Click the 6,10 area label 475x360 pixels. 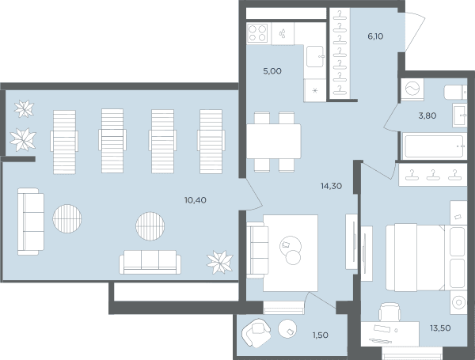(x=375, y=36)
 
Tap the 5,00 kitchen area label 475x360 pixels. (x=272, y=71)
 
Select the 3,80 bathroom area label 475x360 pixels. (x=427, y=116)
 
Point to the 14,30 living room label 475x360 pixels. (x=332, y=186)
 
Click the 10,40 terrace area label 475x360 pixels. (x=196, y=200)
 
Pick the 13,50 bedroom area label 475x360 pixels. (x=440, y=328)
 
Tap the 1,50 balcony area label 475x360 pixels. (x=320, y=335)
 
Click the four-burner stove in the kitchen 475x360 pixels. (x=257, y=33)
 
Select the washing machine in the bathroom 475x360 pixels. (x=412, y=89)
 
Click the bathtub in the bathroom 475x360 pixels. (x=434, y=146)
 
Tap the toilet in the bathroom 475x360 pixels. (x=455, y=92)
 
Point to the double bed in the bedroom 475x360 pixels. (x=426, y=257)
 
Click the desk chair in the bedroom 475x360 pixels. (x=389, y=312)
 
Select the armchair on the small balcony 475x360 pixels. (x=256, y=332)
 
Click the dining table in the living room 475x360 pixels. (x=274, y=142)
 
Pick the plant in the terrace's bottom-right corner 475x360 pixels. (x=219, y=262)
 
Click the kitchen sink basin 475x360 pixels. (x=315, y=56)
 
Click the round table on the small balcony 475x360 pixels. (x=287, y=329)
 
